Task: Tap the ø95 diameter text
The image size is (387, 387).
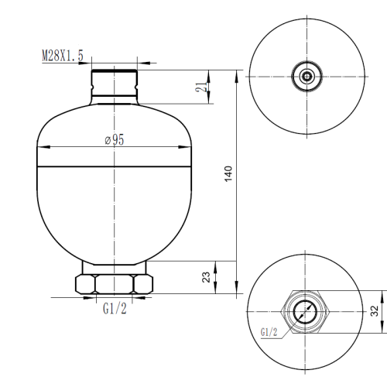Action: pyautogui.click(x=114, y=140)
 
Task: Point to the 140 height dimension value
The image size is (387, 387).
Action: pyautogui.click(x=228, y=174)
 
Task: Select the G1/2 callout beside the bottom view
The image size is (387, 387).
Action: pyautogui.click(x=269, y=333)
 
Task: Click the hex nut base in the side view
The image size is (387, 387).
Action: pyautogui.click(x=114, y=284)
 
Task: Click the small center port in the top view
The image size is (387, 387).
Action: pyautogui.click(x=307, y=76)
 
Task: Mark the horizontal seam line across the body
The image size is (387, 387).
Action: pyautogui.click(x=114, y=166)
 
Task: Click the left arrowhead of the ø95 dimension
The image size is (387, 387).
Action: pyautogui.click(x=42, y=148)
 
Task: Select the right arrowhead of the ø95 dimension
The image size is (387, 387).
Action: pyautogui.click(x=186, y=148)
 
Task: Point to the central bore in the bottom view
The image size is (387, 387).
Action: pyautogui.click(x=307, y=311)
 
